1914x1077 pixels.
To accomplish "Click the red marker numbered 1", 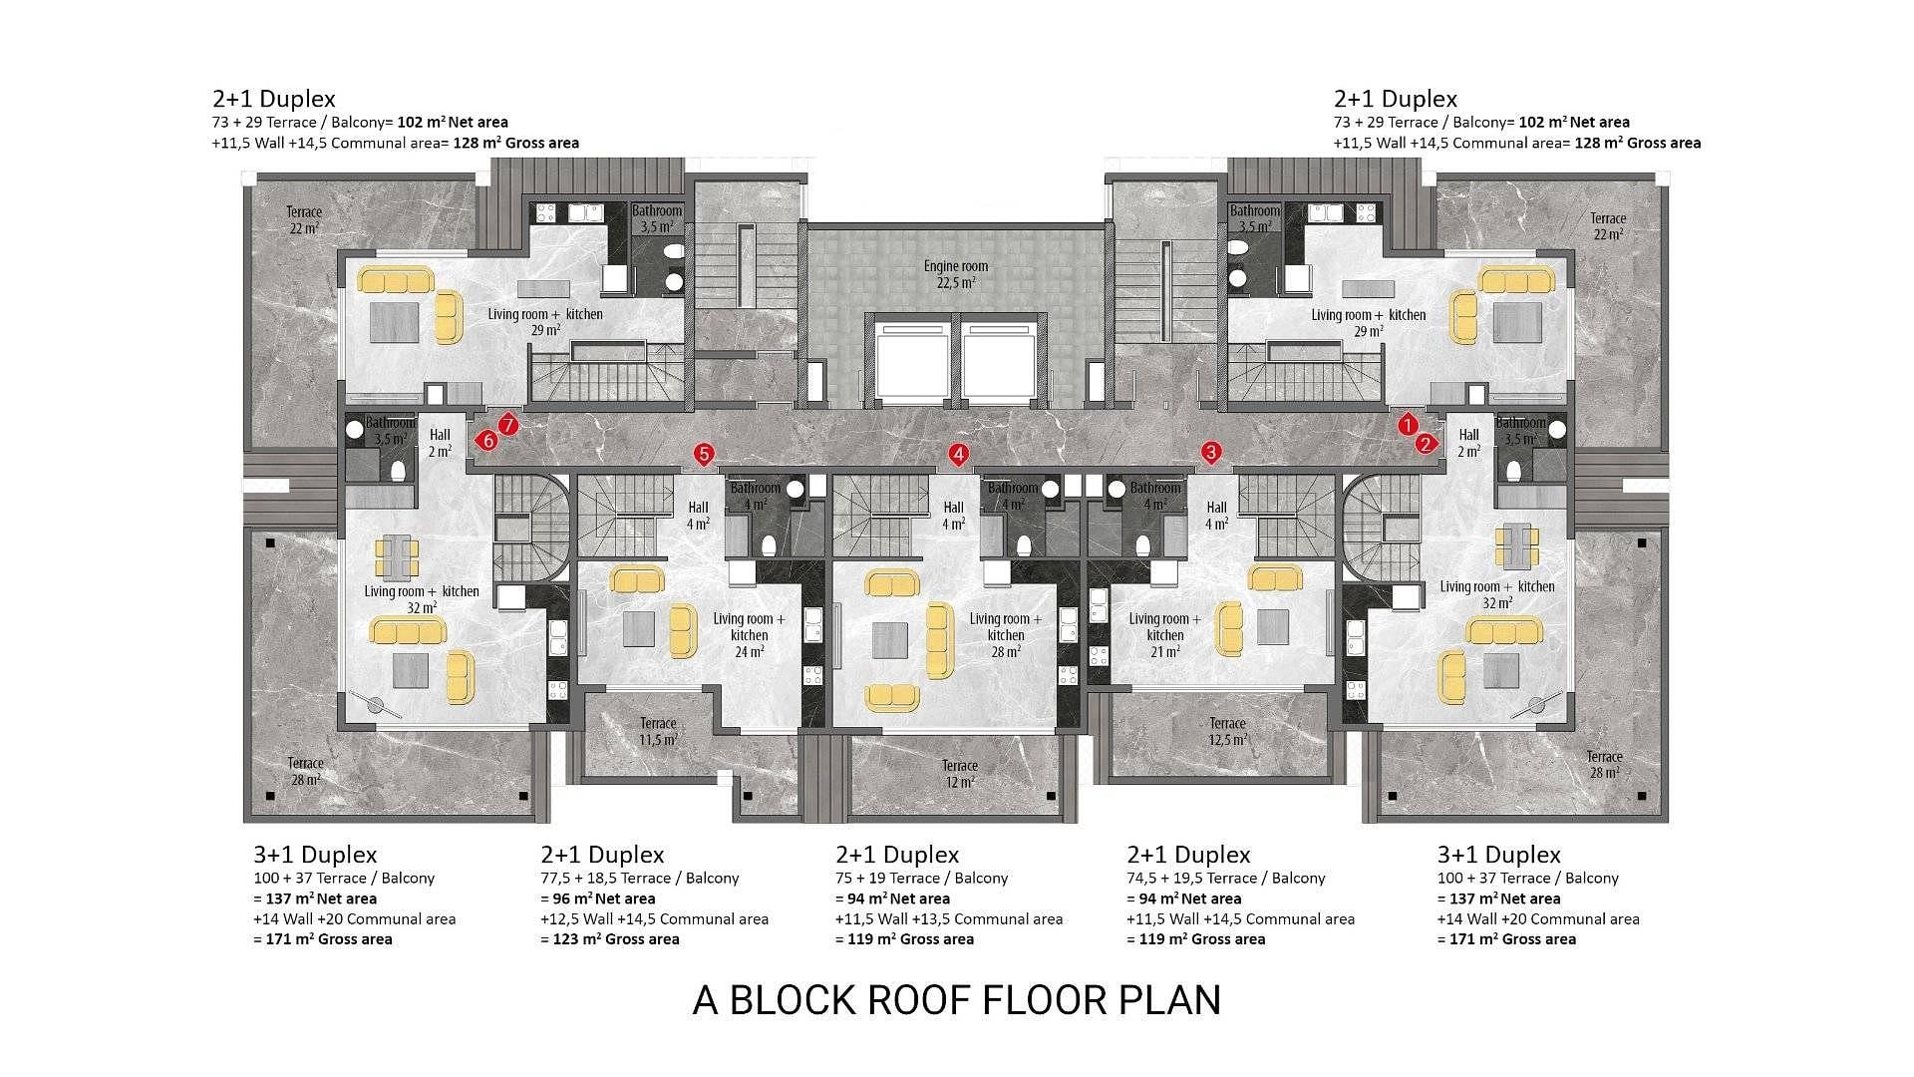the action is coord(1407,425).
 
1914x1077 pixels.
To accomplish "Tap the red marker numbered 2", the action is coord(1427,444).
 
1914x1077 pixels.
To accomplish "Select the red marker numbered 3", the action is coord(1211,453).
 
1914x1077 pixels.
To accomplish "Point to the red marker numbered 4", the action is coord(958,455).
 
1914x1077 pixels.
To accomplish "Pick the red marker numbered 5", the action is coord(704,455).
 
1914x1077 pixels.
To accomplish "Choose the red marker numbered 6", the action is coord(487,440).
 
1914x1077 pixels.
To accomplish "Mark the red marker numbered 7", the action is coord(507,426).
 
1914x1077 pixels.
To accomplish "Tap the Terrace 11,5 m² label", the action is coord(658,732).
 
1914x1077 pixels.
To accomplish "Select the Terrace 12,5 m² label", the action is coord(1227,732).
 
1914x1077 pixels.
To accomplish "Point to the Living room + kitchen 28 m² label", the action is coord(1006,635).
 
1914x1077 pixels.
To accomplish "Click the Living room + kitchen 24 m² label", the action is coord(750,635).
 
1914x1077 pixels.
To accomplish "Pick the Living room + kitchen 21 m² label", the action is coord(1165,635).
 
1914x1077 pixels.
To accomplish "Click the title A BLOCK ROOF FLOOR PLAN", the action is coord(957,1000).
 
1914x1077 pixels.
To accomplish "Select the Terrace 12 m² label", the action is coord(960,774).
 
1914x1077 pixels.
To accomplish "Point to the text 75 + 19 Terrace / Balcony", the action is coord(922,879).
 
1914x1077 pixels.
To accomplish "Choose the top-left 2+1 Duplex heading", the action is coord(274,99).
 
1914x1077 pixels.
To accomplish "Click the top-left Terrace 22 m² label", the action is coord(304,219).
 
